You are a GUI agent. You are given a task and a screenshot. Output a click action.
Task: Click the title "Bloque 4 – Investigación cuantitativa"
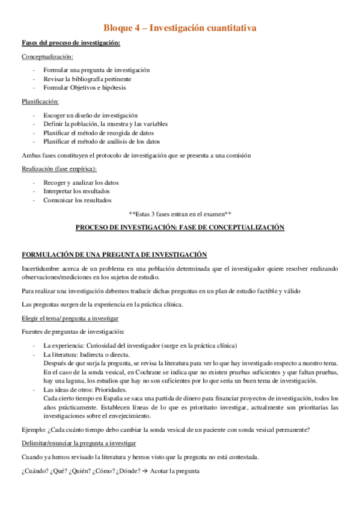click(180, 28)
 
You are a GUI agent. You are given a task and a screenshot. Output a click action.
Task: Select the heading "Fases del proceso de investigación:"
click(71, 43)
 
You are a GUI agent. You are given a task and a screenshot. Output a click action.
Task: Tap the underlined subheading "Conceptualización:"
click(47, 57)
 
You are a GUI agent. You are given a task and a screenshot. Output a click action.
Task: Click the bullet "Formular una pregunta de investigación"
click(96, 70)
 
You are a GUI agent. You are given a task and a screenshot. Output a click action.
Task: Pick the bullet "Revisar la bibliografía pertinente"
click(87, 79)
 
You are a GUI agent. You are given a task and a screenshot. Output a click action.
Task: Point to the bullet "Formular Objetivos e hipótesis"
click(85, 87)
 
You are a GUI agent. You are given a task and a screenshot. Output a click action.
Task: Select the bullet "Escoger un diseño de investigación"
click(90, 115)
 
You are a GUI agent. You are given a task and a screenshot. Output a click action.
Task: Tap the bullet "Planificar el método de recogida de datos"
click(99, 132)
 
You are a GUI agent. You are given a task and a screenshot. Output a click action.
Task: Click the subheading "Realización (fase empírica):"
click(59, 169)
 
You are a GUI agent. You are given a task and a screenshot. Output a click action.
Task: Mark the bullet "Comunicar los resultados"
click(78, 200)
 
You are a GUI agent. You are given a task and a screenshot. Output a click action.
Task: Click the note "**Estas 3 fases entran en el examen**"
click(180, 214)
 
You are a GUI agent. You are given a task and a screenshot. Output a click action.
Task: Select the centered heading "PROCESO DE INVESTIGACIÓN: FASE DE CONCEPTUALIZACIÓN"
click(180, 228)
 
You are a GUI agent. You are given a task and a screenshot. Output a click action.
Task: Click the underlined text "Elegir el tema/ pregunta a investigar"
click(70, 318)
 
